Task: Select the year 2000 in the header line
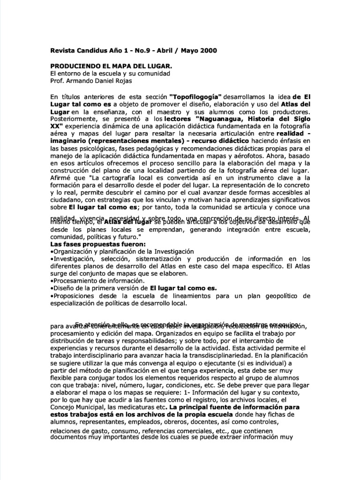click(208, 50)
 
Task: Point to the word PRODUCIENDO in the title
click(75, 66)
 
